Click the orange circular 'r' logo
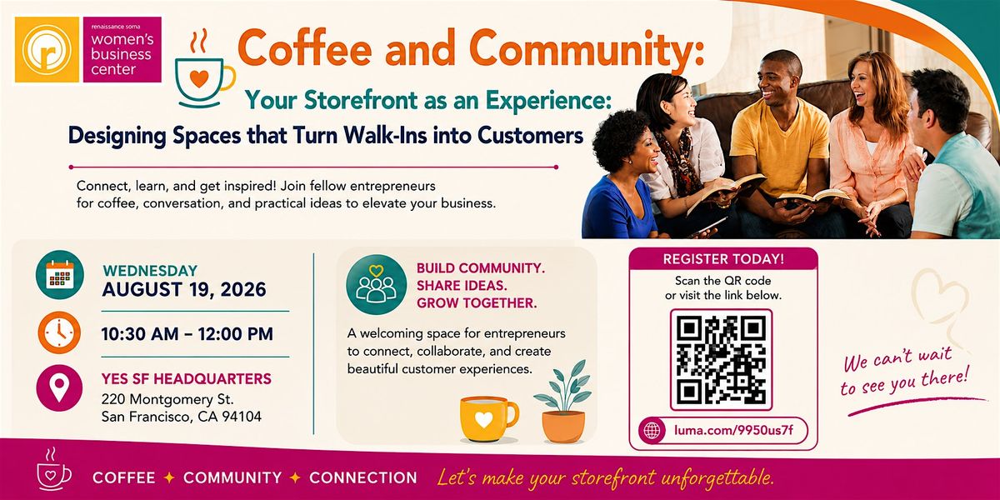(47, 49)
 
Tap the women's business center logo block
(122, 49)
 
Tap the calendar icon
(60, 274)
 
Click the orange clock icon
(59, 333)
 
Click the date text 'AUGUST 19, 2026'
(184, 290)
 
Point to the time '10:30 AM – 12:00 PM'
(187, 334)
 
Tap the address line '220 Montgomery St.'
(167, 398)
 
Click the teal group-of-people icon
(377, 285)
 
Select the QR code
(721, 360)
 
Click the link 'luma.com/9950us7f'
(734, 430)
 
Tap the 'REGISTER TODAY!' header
(723, 259)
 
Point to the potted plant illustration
(563, 402)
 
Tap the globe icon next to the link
(652, 430)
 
